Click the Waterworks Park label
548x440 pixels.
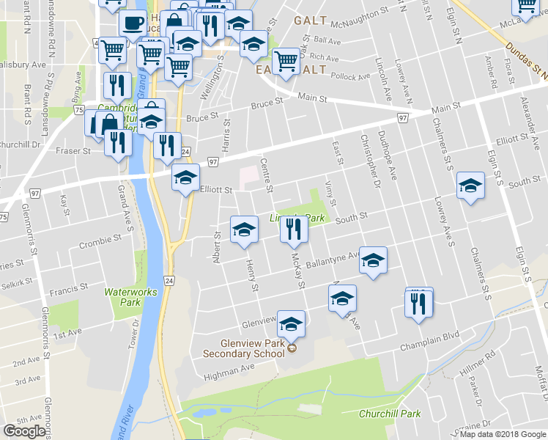[x=131, y=296]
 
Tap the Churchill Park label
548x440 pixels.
[x=390, y=414]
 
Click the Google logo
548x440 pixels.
[x=24, y=431]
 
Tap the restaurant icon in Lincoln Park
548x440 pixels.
[x=291, y=230]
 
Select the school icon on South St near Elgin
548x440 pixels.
[x=470, y=186]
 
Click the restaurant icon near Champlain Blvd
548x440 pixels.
[x=418, y=302]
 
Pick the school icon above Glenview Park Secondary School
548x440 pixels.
[x=291, y=323]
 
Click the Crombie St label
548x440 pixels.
[x=100, y=240]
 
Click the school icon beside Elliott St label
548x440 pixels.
[x=185, y=177]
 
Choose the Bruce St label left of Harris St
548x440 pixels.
[x=202, y=116]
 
